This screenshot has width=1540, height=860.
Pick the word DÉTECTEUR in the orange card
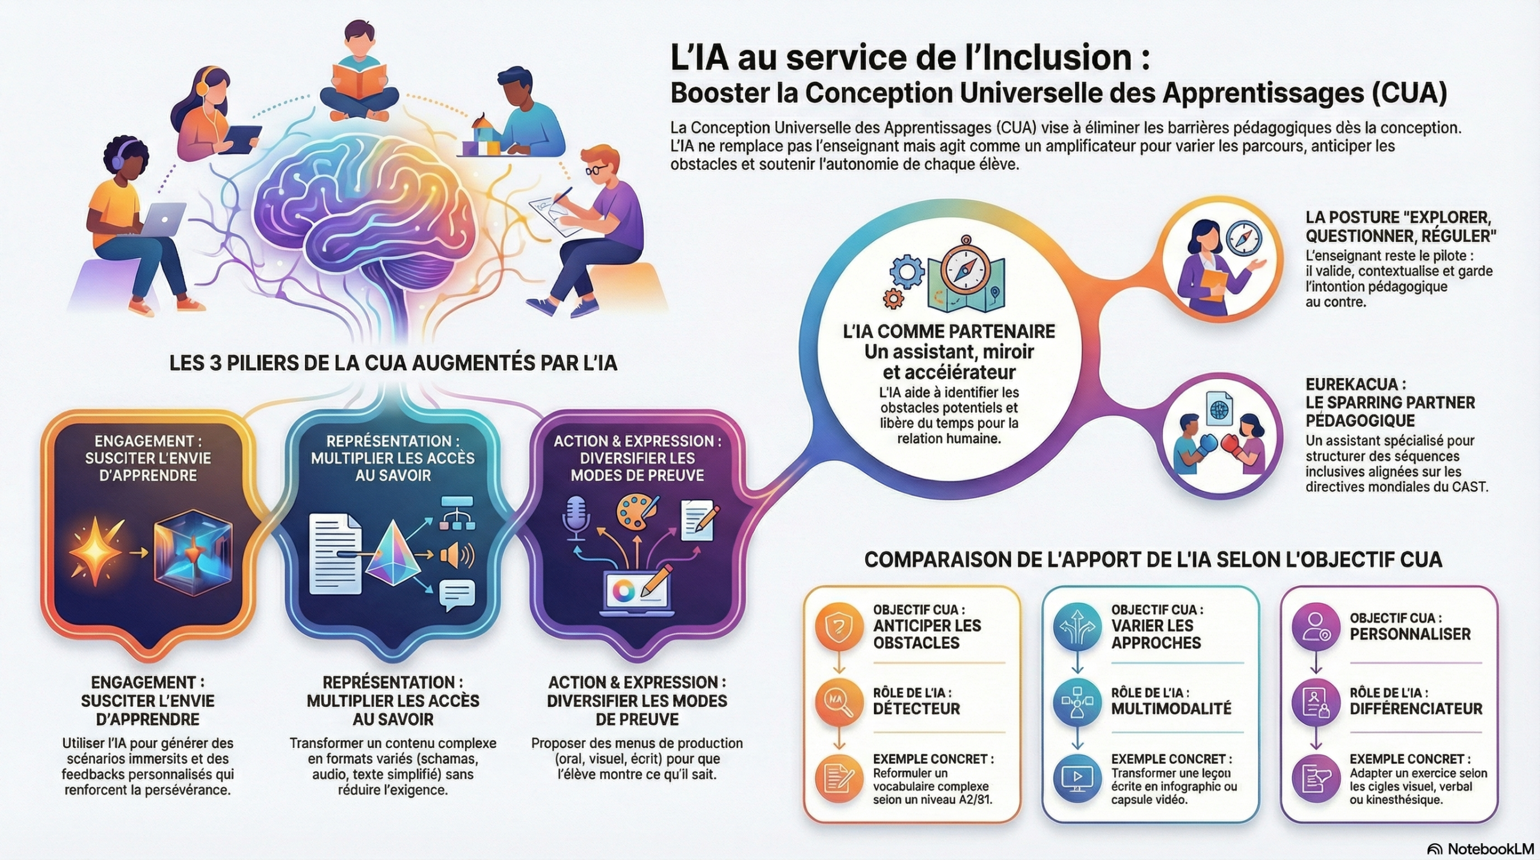pos(916,708)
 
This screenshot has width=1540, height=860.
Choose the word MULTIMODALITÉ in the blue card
pos(1171,708)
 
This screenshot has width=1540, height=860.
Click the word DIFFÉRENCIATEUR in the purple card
pos(1415,708)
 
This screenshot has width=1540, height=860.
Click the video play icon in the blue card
pos(1077,778)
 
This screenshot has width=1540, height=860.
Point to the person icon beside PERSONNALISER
pos(1316,626)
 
